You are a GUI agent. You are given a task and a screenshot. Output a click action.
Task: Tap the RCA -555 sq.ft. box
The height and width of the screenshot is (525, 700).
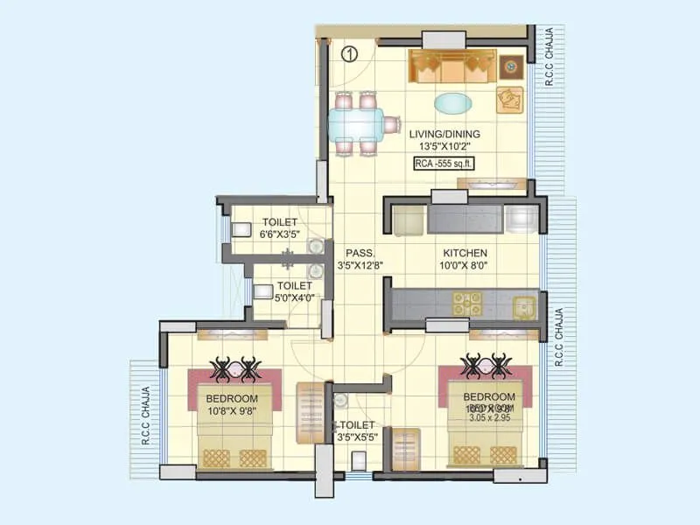[x=444, y=163]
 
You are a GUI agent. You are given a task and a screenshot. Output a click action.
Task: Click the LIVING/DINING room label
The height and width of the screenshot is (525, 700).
[x=444, y=134]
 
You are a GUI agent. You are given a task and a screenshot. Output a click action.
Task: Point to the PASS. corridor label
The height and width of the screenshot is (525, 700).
[x=354, y=252]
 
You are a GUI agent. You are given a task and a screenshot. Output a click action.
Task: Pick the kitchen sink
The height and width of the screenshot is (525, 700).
[x=524, y=305]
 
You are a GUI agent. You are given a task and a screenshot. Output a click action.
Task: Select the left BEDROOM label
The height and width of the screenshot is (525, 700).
[x=227, y=399]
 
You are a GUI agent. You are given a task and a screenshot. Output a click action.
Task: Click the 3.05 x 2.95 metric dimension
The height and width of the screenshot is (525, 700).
[x=487, y=418]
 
